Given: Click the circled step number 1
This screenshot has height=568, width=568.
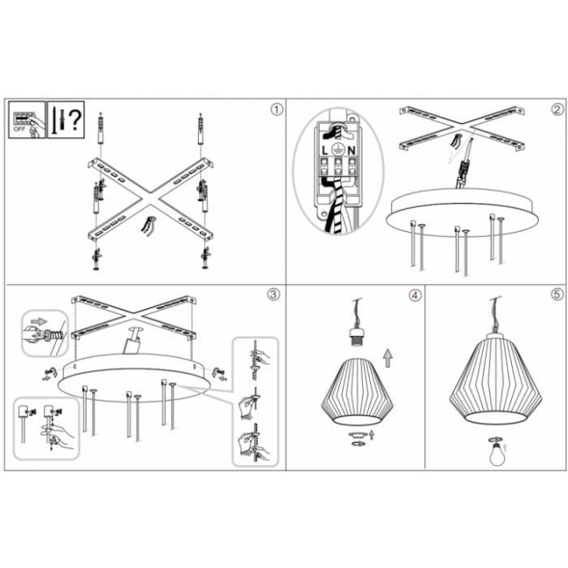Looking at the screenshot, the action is pos(277,110).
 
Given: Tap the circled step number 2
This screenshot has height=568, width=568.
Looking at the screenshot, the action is pos(557,110).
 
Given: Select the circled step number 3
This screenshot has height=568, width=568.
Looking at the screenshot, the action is pos(273,294).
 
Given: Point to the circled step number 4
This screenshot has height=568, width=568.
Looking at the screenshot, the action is pos(415,295).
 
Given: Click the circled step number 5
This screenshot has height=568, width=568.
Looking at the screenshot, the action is pos(557,295).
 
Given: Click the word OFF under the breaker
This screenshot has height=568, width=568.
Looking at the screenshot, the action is pos(19,129).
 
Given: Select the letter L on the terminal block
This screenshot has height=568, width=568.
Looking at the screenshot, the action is pos(325,150).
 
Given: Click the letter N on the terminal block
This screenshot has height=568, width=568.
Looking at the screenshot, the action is pos(351,150).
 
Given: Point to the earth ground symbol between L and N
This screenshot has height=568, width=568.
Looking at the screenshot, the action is pos(338,148).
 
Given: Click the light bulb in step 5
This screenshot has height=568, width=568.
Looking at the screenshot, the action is pos(497,454).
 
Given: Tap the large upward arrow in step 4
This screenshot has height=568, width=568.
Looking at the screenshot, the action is pos(388,358).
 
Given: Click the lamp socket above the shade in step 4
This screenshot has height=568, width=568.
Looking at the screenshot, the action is pos(357,337).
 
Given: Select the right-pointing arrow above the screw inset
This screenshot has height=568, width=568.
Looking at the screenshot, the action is pos(39,321).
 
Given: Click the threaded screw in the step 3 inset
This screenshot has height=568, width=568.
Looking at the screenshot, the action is pos(54,335).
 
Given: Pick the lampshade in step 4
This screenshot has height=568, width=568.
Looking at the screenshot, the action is pos(357,391).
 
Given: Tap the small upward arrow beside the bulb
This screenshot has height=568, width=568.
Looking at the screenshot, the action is pos(506,448).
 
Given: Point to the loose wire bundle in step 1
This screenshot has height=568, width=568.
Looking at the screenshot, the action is pos(148,226).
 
